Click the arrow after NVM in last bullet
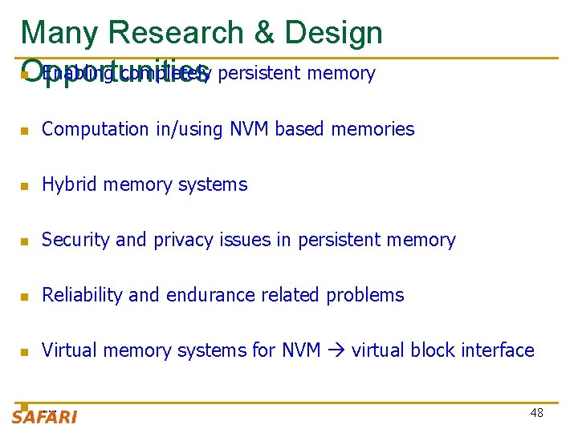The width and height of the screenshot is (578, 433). (x=336, y=350)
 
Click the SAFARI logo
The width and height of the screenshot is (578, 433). (x=44, y=416)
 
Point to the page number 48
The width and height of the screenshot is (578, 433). (x=536, y=413)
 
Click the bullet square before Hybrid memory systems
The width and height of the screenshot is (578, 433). (x=26, y=186)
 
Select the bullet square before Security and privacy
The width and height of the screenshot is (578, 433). (x=26, y=241)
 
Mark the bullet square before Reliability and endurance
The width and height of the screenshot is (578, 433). (x=26, y=297)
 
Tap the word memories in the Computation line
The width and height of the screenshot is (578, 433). (x=377, y=129)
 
